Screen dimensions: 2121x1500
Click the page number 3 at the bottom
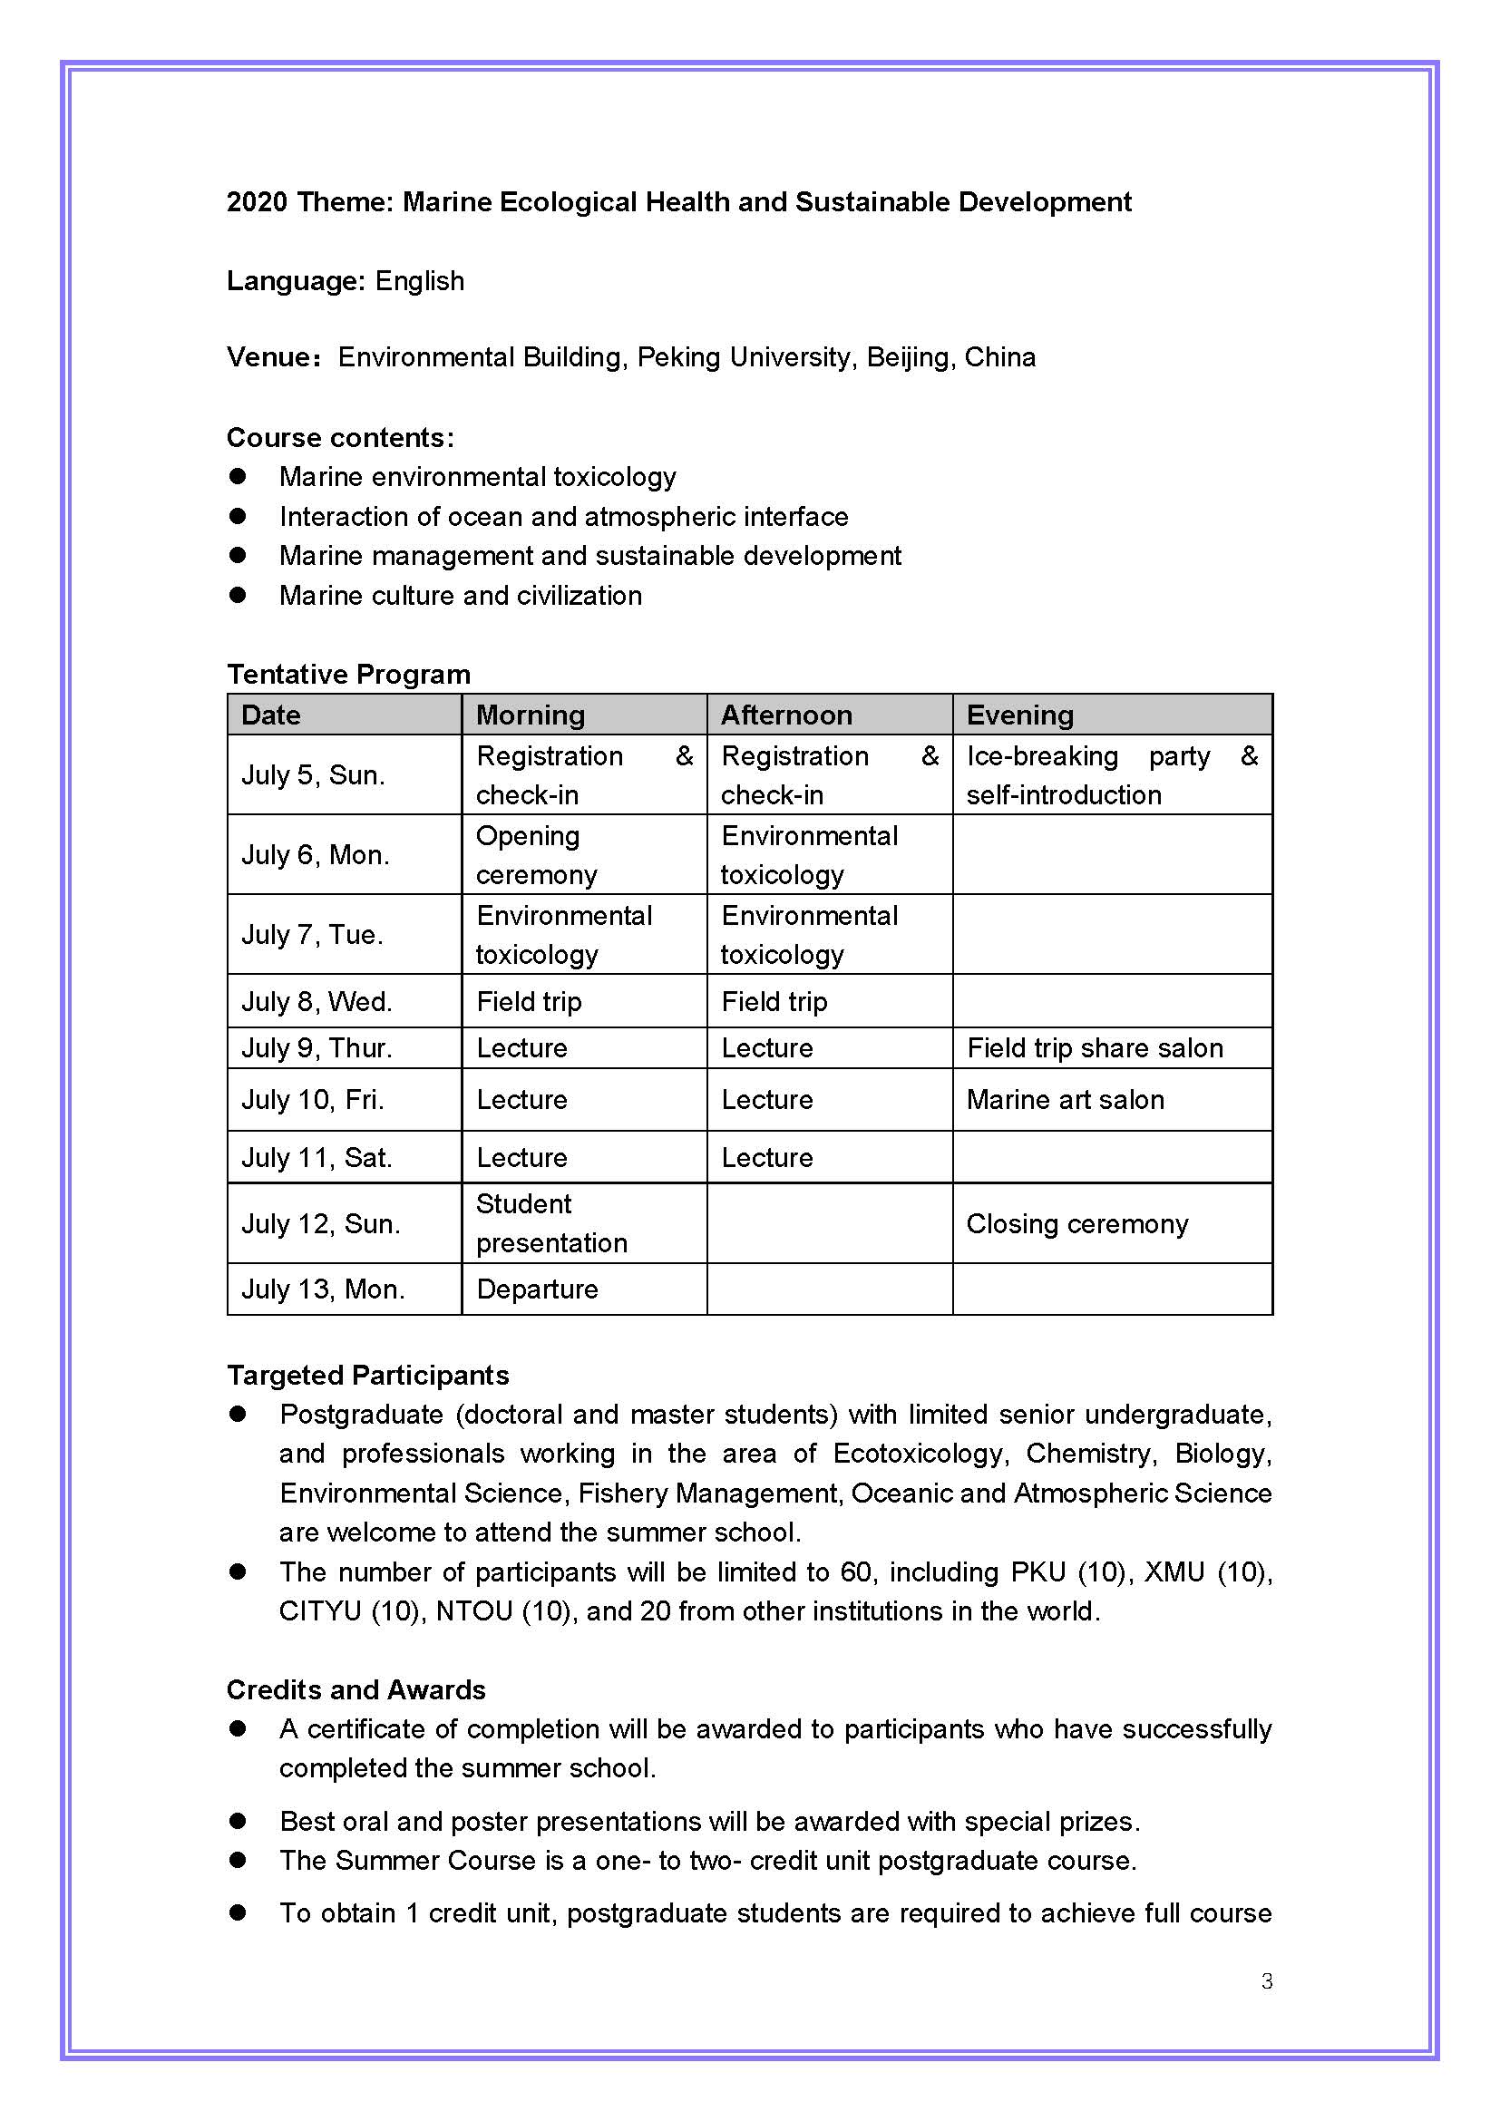1266,1980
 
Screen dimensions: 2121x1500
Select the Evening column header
1019,715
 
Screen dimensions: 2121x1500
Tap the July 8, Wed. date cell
317,1001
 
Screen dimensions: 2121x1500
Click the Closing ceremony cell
1077,1223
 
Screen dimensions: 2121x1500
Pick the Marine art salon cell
1065,1099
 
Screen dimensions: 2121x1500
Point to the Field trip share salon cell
1095,1047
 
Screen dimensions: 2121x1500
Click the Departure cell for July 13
538,1289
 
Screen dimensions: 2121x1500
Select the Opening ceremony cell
536,854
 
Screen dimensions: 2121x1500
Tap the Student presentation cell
551,1223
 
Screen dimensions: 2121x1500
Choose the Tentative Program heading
349,675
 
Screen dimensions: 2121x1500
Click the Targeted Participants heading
367,1376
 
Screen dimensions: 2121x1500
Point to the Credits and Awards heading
356,1689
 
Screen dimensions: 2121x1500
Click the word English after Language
419,281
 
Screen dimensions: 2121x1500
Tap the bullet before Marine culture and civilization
239,595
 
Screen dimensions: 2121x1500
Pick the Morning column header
531,715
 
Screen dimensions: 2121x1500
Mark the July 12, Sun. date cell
320,1223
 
